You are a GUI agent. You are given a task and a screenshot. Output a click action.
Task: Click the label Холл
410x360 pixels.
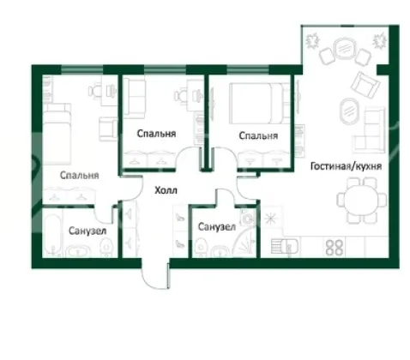coord(166,190)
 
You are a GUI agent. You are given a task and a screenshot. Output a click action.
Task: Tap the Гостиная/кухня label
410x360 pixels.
coord(346,166)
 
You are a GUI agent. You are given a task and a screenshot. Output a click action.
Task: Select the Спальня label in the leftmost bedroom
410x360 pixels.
coord(80,175)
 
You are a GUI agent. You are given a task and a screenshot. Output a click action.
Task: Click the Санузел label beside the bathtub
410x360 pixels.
coord(87,231)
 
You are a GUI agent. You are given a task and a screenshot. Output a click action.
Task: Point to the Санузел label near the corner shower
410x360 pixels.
coord(217,227)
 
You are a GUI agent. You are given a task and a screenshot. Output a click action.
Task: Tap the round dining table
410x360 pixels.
coord(361,200)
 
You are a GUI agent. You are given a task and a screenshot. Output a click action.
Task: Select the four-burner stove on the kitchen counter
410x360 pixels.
coord(335,247)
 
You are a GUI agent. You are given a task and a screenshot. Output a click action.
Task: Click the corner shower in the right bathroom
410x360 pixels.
coord(245,242)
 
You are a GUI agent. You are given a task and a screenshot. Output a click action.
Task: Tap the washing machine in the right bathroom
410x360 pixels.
coord(248,218)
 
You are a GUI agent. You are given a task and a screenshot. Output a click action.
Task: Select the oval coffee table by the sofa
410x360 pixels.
coord(349,111)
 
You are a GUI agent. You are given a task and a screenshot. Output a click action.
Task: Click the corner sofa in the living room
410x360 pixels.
coord(370,129)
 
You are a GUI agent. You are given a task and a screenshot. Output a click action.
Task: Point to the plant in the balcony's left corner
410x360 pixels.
coord(312,41)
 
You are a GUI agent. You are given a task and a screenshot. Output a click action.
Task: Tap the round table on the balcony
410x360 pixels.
coord(346,49)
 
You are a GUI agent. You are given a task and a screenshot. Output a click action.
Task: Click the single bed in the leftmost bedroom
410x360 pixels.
coord(57,134)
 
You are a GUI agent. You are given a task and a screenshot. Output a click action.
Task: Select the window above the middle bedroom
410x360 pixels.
coord(165,69)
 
